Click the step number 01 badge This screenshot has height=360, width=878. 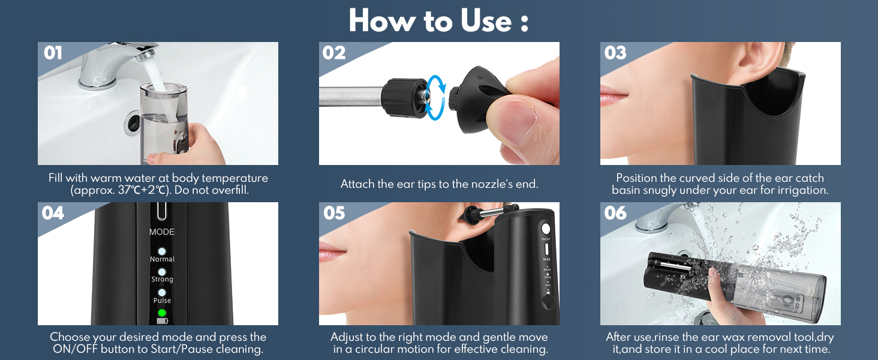[x=53, y=53]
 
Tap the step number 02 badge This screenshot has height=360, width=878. [x=334, y=53]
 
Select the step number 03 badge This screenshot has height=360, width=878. [x=615, y=53]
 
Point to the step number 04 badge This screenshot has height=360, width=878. [x=53, y=213]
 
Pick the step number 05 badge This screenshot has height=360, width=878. [x=334, y=213]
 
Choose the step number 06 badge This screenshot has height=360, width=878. [x=615, y=213]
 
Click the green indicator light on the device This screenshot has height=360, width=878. [x=162, y=313]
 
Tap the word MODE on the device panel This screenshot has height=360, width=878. [x=162, y=232]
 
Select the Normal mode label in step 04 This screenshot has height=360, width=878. [x=162, y=259]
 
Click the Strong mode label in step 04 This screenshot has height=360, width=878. [x=162, y=279]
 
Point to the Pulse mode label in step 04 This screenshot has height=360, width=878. [x=162, y=301]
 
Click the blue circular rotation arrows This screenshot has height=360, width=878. [x=435, y=98]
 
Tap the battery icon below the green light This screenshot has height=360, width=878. [x=162, y=321]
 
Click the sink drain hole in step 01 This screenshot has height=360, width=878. [x=133, y=122]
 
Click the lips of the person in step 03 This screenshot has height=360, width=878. [x=614, y=95]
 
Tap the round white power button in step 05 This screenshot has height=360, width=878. [x=546, y=229]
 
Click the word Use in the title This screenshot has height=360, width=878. [x=486, y=21]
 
